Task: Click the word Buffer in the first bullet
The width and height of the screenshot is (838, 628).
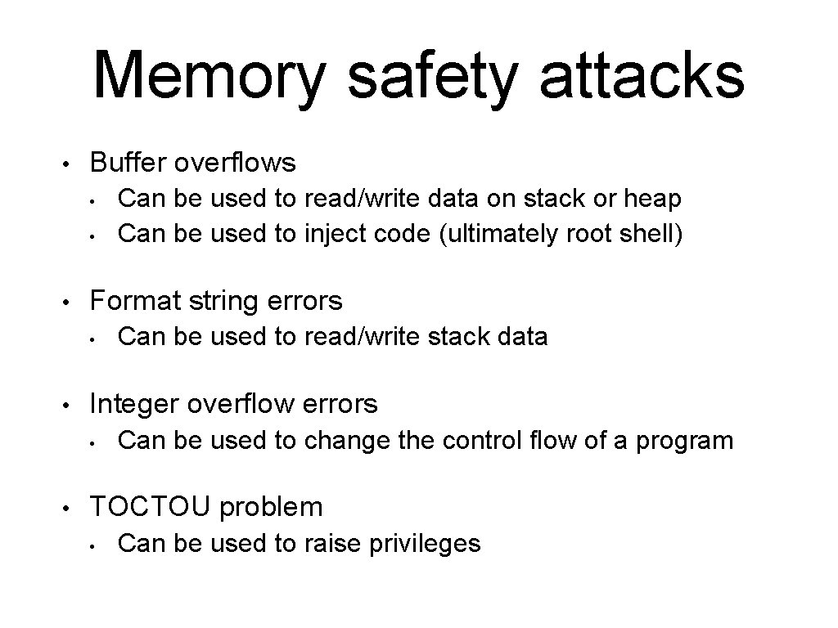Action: [128, 163]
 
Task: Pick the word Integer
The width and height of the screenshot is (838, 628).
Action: [134, 404]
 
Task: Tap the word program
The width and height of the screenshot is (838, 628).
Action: [685, 442]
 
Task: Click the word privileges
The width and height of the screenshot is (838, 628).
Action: [427, 543]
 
